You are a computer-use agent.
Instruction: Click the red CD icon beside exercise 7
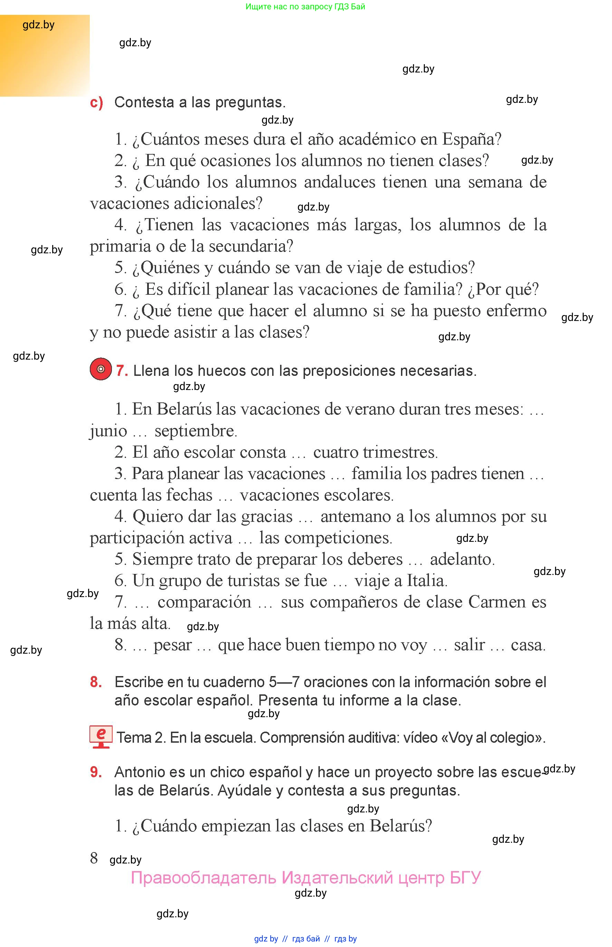click(x=101, y=369)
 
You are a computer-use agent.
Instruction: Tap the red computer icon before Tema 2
click(x=101, y=736)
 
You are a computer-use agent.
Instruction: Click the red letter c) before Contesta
click(x=97, y=102)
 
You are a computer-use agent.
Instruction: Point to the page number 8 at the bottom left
click(x=94, y=858)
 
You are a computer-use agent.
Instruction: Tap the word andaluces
click(x=340, y=182)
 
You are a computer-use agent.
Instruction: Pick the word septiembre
click(x=195, y=431)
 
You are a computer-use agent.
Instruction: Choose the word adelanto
click(x=462, y=559)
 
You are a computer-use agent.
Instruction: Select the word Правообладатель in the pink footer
click(x=203, y=878)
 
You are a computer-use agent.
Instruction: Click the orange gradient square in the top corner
click(x=45, y=56)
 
